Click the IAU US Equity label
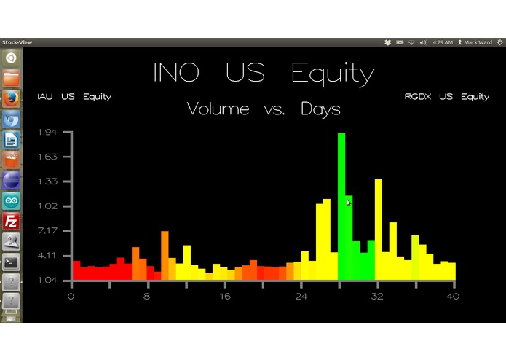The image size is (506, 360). click(74, 97)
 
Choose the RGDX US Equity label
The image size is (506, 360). click(447, 97)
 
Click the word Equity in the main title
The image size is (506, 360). click(332, 73)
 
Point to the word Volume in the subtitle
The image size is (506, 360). click(218, 109)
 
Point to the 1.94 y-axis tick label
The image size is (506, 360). click(47, 132)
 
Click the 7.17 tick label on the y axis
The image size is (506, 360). click(47, 231)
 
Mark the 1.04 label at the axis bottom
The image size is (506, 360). click(47, 281)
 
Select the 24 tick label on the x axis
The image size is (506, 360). click(301, 296)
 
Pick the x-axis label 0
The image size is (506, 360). click(71, 296)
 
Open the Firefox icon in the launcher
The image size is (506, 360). click(11, 98)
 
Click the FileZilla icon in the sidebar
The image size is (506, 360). click(11, 221)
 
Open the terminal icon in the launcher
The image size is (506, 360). click(11, 262)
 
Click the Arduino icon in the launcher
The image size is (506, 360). click(11, 200)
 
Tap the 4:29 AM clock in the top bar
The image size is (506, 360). click(443, 42)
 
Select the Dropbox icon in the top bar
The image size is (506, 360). click(388, 42)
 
